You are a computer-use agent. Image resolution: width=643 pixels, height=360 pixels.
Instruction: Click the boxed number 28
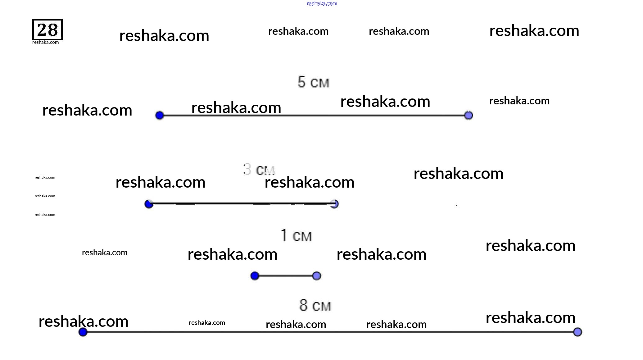point(48,30)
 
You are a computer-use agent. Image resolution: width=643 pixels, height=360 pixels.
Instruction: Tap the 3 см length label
point(259,170)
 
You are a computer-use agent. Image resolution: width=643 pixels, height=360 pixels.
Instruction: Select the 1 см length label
point(296,235)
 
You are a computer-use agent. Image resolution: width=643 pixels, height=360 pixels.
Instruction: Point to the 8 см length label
point(315,305)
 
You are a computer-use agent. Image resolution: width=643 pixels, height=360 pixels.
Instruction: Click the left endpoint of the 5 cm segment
point(159,116)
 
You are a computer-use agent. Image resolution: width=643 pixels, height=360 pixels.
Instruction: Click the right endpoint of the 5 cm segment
point(469,116)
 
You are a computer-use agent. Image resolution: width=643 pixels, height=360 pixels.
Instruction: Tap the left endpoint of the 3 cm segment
point(149,204)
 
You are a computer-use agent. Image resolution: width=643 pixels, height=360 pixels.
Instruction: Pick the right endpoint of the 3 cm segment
point(334,204)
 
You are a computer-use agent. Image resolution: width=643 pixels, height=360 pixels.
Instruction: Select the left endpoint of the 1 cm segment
point(255,276)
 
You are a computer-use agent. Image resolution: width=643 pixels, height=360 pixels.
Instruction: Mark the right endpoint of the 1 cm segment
point(316,276)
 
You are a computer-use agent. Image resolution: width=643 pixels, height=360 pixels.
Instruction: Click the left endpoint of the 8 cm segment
point(83,332)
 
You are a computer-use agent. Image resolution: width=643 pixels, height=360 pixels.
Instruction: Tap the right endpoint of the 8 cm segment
point(577,332)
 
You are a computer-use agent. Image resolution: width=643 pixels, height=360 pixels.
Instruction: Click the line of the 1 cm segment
point(286,276)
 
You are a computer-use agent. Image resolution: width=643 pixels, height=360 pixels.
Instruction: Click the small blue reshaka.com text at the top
point(322,3)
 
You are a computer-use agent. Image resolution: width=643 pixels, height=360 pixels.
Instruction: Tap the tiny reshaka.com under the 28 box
point(45,43)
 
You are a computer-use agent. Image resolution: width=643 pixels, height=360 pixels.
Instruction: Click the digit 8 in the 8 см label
point(304,305)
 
